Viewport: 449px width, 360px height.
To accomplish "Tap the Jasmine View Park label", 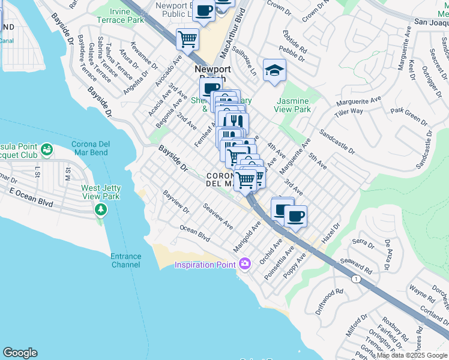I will click(293, 105).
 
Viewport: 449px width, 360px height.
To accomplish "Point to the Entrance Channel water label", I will click(125, 260).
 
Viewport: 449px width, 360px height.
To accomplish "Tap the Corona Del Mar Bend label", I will click(98, 149).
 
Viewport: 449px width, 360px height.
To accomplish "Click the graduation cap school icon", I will click(274, 70).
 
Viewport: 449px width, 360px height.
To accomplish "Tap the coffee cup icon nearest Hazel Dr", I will click(295, 216).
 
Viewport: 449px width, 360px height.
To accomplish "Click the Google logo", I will click(20, 353).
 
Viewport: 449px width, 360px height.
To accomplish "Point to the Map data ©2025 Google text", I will click(412, 355).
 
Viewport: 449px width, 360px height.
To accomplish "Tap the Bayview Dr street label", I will click(176, 202).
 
